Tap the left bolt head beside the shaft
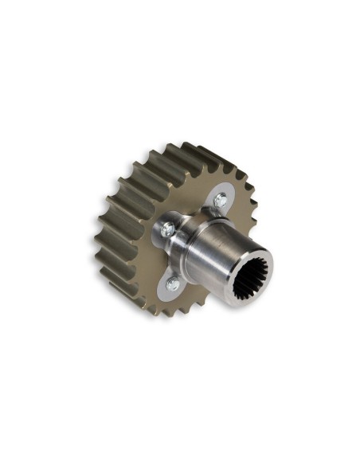[166, 230]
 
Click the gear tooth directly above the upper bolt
[213, 163]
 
